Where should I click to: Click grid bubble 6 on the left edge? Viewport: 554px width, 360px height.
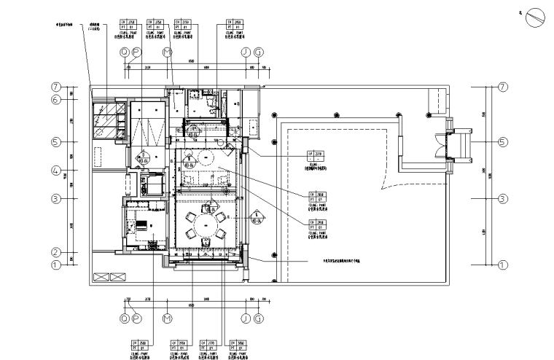click(55, 100)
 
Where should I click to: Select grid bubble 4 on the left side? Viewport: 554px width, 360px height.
click(55, 171)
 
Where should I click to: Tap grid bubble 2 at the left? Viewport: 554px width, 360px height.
click(55, 253)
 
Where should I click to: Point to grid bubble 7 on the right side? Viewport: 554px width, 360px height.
click(502, 87)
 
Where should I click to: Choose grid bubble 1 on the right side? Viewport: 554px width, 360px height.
click(502, 265)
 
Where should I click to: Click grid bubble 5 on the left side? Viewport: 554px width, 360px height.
click(55, 141)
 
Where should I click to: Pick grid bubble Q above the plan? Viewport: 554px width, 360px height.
click(125, 52)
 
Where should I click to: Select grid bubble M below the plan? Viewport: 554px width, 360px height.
click(167, 318)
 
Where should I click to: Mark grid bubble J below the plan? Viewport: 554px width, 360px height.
click(246, 318)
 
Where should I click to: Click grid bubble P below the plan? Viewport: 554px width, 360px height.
click(136, 318)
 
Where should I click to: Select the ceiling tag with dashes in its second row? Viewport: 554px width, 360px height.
click(316, 157)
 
